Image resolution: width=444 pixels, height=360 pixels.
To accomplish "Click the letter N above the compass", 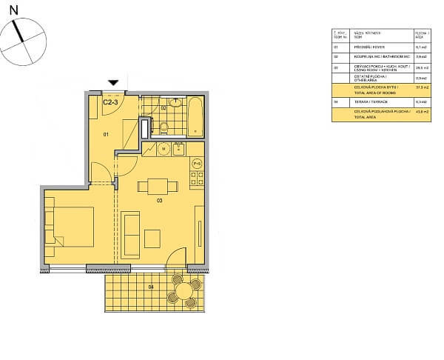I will (x=13, y=10).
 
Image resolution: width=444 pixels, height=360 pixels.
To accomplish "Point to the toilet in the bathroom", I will (x=164, y=127).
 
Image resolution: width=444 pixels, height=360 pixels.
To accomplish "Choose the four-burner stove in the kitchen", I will (x=198, y=178).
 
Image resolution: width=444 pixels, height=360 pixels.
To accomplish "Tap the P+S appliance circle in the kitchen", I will (x=198, y=163).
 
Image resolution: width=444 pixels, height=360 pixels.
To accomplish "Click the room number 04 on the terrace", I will (x=150, y=287).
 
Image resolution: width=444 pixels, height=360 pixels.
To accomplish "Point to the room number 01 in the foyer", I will (x=106, y=135).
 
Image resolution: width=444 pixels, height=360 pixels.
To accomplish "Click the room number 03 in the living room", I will (x=158, y=200).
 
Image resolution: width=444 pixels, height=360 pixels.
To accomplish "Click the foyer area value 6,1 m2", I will (x=420, y=46).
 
